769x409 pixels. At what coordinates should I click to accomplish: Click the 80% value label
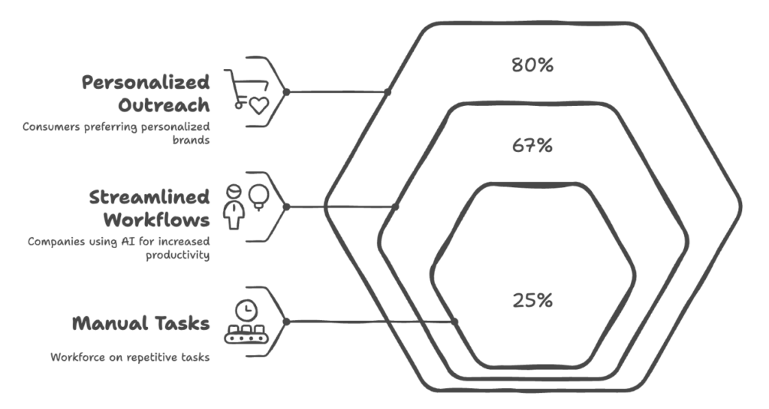tap(532, 65)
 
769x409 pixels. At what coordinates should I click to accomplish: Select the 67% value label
tap(532, 145)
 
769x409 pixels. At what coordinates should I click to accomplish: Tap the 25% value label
tap(532, 300)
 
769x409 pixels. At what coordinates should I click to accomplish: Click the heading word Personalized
tap(146, 82)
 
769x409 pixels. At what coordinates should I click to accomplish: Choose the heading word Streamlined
tap(149, 198)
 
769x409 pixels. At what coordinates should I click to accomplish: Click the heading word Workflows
tap(156, 221)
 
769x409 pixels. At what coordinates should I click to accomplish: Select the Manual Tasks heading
tap(140, 324)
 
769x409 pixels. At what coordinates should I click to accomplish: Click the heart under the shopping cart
tap(258, 106)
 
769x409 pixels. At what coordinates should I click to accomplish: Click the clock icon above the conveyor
tap(244, 309)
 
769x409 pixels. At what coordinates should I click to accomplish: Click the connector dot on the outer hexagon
tap(388, 92)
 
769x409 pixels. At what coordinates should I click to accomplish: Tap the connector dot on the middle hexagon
tap(396, 207)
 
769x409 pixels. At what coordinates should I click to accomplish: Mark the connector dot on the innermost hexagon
tap(454, 322)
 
